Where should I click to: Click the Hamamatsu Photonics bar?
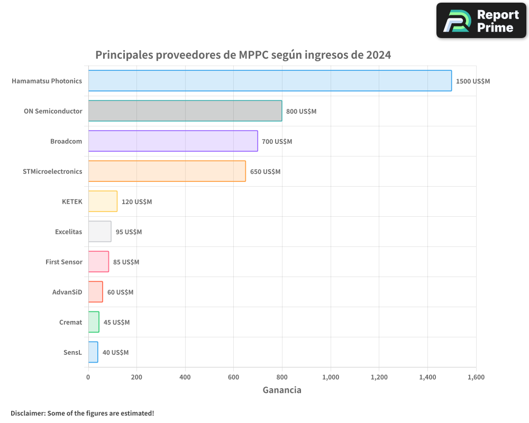click(x=270, y=81)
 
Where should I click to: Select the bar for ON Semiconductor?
click(x=185, y=111)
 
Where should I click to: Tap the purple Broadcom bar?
click(x=172, y=141)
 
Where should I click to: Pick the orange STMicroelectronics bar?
click(x=167, y=171)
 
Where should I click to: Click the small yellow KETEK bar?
click(x=103, y=201)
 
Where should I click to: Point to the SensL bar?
click(x=93, y=352)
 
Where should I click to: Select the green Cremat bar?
click(x=94, y=322)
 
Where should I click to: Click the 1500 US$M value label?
click(x=473, y=81)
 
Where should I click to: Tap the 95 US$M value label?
click(x=129, y=232)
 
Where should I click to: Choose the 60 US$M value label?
click(x=120, y=292)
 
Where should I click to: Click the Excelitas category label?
click(x=68, y=232)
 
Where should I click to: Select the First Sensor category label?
click(x=64, y=262)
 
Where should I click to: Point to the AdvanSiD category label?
click(x=67, y=292)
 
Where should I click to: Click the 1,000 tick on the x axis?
click(x=331, y=377)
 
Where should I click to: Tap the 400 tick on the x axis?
click(x=185, y=377)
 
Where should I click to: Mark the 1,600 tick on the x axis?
click(x=476, y=377)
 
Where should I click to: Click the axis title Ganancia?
click(x=282, y=390)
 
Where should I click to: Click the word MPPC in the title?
click(x=253, y=55)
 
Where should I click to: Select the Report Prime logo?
click(x=481, y=21)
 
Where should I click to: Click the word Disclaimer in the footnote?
click(x=28, y=413)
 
